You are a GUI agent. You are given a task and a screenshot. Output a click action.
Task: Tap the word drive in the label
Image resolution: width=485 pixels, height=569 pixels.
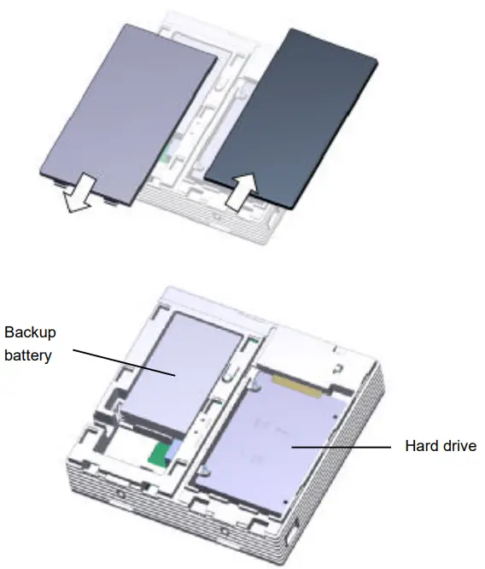click(459, 446)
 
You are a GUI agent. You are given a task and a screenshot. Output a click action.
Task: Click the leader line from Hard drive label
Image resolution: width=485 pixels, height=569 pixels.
click(342, 446)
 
